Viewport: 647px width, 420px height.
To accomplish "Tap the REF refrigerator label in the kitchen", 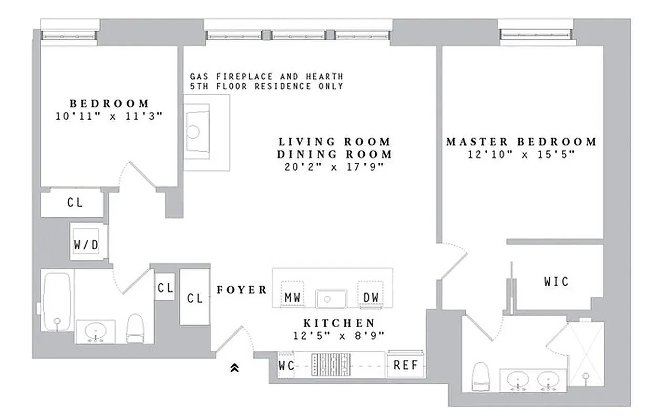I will pos(405,365).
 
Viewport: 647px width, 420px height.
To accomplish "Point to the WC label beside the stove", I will pos(286,365).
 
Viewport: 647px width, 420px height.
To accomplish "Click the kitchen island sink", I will pos(331,299).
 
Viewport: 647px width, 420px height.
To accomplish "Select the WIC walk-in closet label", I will pos(556,282).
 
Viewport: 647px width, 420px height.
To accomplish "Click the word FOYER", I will pos(242,290).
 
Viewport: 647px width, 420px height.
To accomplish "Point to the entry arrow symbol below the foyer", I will pos(235,369).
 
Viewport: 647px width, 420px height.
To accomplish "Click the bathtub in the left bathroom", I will pos(56,302).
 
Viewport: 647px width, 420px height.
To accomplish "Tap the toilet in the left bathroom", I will pos(135,328).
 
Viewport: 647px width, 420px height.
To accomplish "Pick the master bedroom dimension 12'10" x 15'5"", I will pos(521,154).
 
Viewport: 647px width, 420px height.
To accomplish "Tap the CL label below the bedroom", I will pos(75,202).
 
